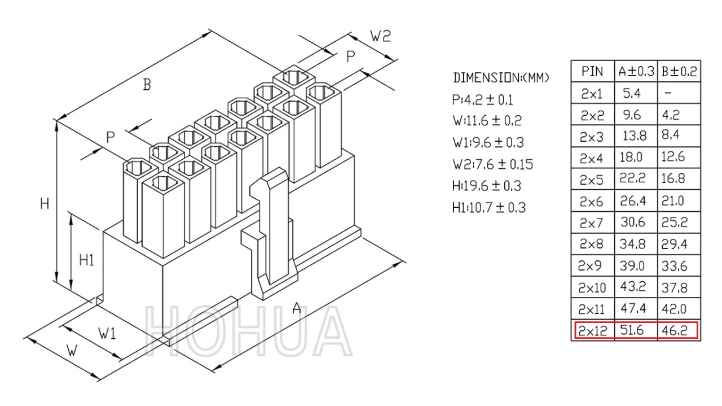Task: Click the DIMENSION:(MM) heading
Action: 500,78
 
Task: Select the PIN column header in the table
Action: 592,71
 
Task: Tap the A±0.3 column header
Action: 636,71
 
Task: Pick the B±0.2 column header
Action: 679,71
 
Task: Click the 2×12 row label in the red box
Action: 592,330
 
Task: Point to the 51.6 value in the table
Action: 632,330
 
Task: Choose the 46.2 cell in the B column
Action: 674,330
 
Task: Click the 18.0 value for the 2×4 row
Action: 631,157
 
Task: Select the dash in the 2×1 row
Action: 668,93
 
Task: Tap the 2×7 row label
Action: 591,222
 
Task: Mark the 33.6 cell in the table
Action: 674,266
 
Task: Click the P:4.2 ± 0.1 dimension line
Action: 482,100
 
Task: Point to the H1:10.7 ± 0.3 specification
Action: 489,208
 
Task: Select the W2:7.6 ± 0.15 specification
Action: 493,164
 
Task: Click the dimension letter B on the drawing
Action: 147,85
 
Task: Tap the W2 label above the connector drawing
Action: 380,36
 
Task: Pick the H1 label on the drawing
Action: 86,260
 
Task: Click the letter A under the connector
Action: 297,308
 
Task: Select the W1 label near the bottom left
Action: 107,333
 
